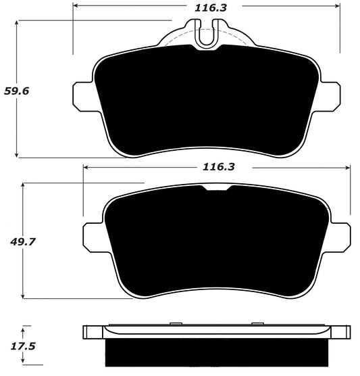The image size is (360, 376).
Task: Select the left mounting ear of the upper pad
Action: [82, 95]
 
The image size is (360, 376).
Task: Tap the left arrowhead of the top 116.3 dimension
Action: [76, 5]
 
